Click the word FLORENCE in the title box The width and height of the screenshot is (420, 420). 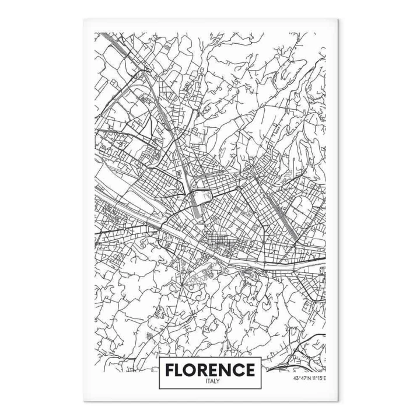(209, 370)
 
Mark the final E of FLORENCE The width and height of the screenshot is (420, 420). (249, 370)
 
